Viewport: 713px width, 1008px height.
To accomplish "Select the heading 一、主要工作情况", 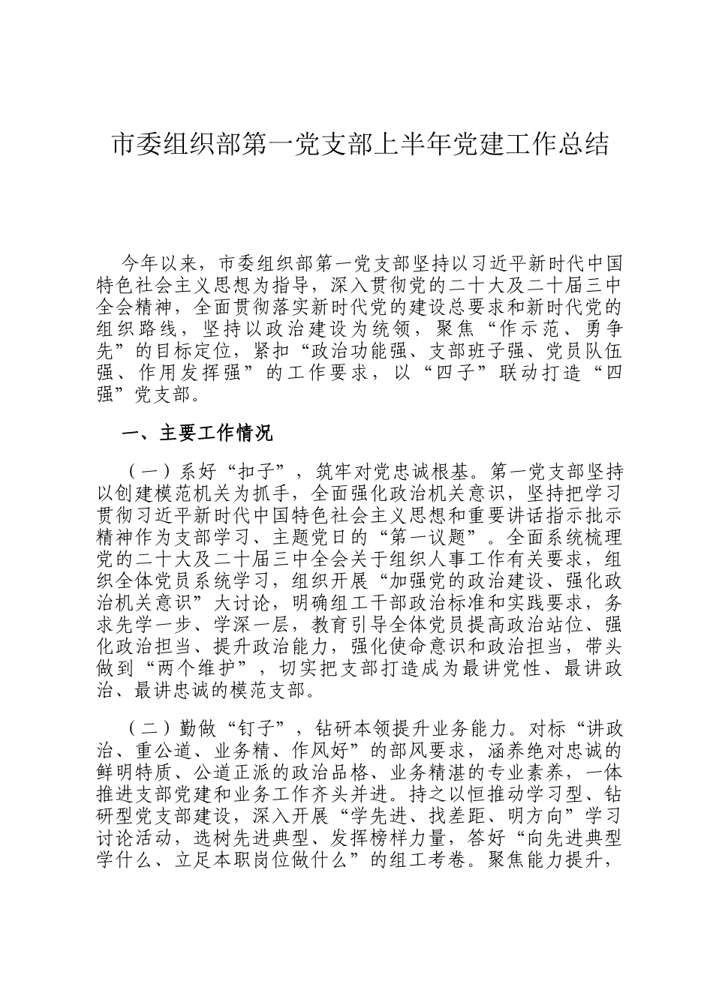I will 197,433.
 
